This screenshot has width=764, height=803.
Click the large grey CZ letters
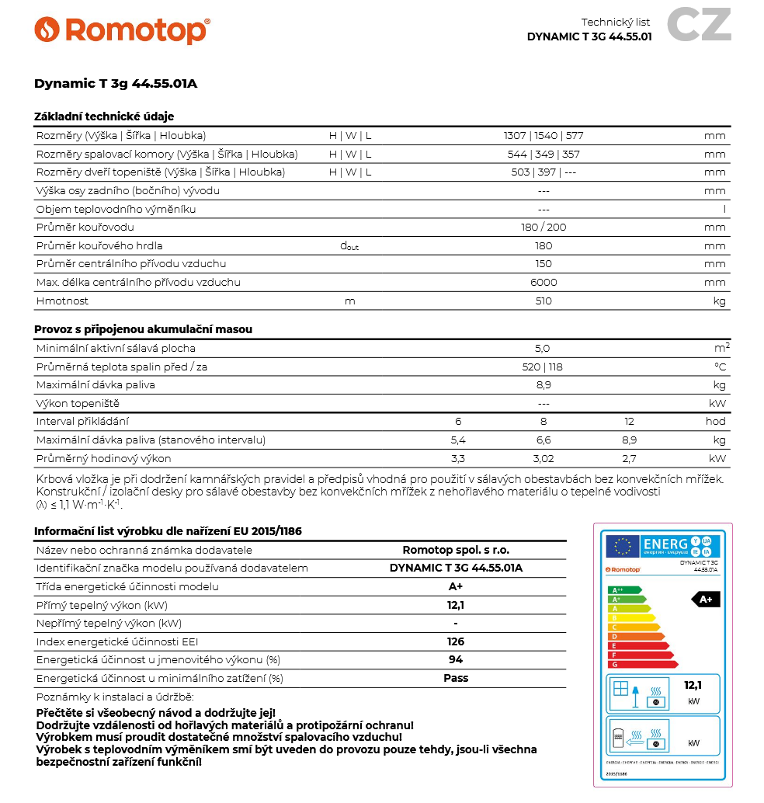pos(699,24)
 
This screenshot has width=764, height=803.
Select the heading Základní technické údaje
pos(104,116)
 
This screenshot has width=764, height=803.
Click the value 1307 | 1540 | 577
pos(543,136)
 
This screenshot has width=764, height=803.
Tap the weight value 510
pos(543,301)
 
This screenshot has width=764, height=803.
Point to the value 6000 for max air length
pos(543,283)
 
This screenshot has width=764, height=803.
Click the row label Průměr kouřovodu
pos(85,228)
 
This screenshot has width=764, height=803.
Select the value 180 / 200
pos(543,228)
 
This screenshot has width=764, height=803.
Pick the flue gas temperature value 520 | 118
pos(543,367)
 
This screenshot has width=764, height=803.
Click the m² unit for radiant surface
pos(721,348)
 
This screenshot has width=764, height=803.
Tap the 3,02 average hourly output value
pos(543,459)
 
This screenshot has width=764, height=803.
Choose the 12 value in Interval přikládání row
pos(629,422)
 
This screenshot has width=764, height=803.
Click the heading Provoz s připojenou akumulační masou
pos(143,329)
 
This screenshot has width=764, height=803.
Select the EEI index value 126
pos(456,641)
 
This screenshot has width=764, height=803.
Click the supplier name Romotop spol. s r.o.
pos(456,550)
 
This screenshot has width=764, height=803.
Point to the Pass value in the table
pos(456,678)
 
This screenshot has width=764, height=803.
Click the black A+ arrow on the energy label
pos(706,600)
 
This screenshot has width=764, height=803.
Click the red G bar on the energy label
pos(642,664)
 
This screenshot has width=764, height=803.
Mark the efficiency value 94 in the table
pos(456,660)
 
